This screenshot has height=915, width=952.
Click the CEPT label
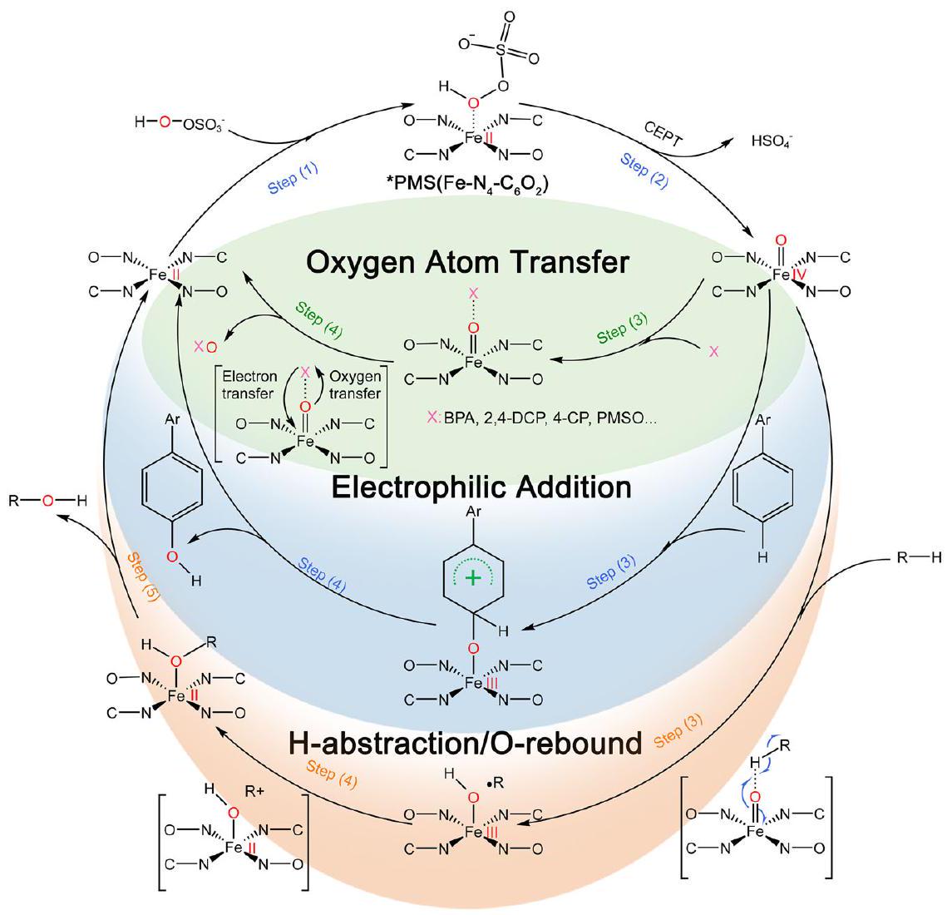[x=663, y=133]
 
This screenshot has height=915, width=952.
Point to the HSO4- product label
[x=772, y=142]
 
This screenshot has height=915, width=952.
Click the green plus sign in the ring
[x=473, y=578]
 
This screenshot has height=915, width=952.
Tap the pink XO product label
[x=205, y=345]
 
